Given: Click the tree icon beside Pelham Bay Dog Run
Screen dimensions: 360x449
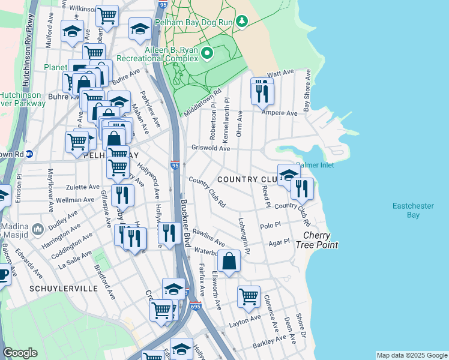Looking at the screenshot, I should click(x=241, y=22).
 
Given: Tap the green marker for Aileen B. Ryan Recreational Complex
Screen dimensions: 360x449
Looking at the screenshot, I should click(x=207, y=54).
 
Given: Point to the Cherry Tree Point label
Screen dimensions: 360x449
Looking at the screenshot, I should click(x=320, y=240).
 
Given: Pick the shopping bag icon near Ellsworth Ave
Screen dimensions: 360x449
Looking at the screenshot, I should click(x=229, y=262).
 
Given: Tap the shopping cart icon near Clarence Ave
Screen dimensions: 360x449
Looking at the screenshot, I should click(x=249, y=296).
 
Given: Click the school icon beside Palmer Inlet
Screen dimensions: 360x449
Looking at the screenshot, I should click(x=289, y=175).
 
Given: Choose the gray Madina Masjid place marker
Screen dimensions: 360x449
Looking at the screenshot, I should click(x=37, y=229).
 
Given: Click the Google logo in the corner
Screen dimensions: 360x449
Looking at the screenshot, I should click(x=20, y=353).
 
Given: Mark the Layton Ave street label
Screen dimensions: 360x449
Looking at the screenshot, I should click(x=245, y=320).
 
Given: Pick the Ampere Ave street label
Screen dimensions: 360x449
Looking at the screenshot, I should click(x=283, y=113).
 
